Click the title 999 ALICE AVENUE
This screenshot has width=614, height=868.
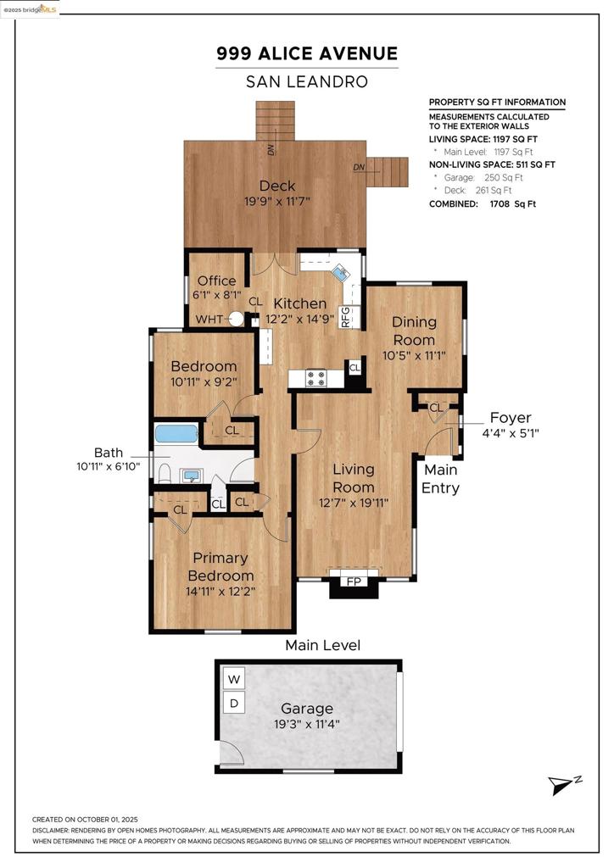pos(307,53)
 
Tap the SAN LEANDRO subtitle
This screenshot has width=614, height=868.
pos(307,82)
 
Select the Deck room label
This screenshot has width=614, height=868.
pos(277,186)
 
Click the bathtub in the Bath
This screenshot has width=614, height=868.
pos(176,433)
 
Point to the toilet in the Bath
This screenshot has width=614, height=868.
pos(164,474)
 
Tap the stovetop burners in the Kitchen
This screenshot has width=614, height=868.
pos(316,379)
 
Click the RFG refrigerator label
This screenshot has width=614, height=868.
pos(346,317)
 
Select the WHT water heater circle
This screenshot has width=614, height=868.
pos(237,320)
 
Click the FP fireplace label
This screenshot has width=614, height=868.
pos(354,581)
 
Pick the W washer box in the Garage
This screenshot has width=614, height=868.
pos(233,679)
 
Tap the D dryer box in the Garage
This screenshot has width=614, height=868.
pos(233,703)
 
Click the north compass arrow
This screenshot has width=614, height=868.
pos(561,786)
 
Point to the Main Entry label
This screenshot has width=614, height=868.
pos(441,479)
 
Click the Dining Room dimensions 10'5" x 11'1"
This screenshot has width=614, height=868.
pos(414,355)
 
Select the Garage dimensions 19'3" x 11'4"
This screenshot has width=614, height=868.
pos(307,724)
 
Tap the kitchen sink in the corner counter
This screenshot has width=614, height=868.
pos(339,272)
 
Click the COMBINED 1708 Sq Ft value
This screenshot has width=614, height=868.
pos(513,203)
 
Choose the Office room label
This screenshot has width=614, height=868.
pos(216,281)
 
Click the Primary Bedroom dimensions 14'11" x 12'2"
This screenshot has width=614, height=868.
pos(220,592)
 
